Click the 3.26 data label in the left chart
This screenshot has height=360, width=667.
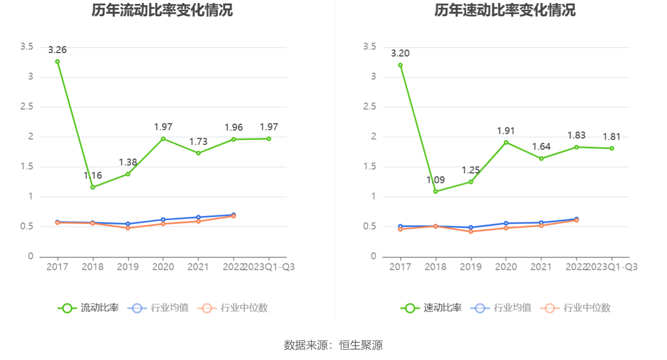click(x=57, y=50)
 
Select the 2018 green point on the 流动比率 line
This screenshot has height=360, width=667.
click(x=93, y=187)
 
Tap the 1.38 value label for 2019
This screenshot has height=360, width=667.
click(x=128, y=162)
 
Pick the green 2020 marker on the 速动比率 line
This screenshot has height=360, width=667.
click(x=506, y=142)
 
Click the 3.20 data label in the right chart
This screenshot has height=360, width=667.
click(x=400, y=53)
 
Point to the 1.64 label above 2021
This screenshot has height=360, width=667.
click(x=541, y=147)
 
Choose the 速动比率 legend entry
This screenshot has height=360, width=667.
click(x=431, y=308)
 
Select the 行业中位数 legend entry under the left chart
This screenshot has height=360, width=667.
click(x=233, y=308)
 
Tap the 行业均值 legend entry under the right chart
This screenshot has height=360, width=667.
click(x=501, y=308)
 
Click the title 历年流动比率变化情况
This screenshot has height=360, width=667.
click(x=162, y=10)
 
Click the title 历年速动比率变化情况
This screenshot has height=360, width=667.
click(x=505, y=10)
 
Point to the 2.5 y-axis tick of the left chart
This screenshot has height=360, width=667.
click(x=27, y=107)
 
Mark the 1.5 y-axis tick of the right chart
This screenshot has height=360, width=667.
click(x=370, y=167)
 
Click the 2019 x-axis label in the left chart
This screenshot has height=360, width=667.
click(x=128, y=267)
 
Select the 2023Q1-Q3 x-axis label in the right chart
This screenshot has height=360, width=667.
click(x=612, y=267)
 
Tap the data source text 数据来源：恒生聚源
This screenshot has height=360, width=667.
click(x=333, y=345)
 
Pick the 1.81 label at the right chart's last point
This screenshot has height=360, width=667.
click(x=612, y=137)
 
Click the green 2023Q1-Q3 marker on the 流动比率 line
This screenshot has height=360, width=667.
click(x=269, y=139)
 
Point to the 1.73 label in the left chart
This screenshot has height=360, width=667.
click(x=199, y=142)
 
